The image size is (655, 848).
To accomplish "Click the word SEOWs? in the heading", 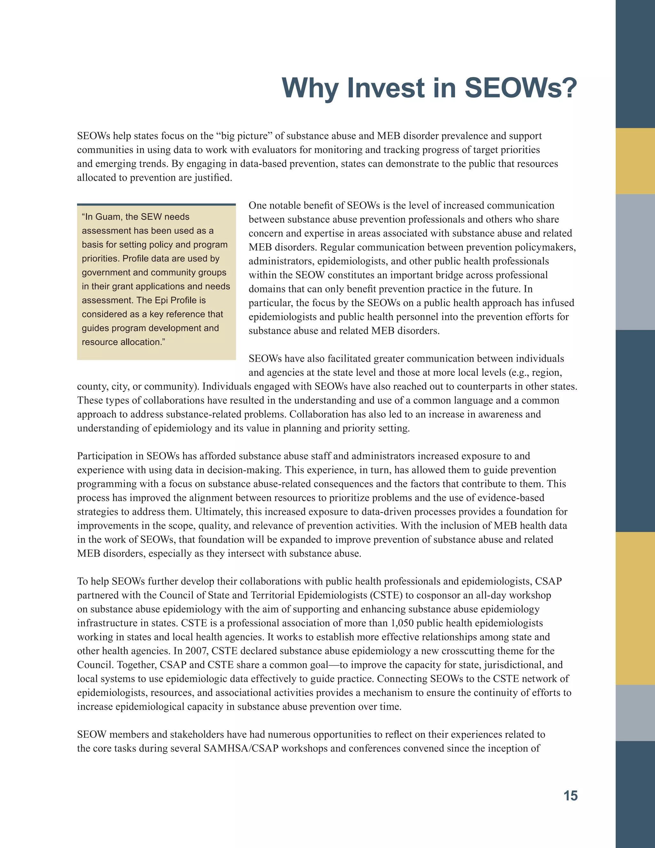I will [521, 88].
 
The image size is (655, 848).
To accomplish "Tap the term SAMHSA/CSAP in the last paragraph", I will [241, 748].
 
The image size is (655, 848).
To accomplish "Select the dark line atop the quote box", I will [156, 204].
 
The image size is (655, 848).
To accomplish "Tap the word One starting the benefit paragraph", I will [257, 205].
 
